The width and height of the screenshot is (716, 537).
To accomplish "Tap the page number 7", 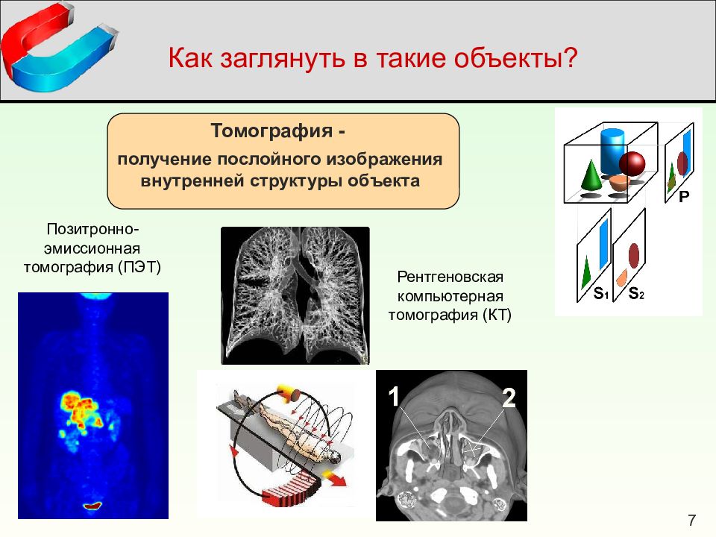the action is point(691,520).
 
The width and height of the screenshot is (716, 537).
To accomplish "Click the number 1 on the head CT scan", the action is point(394,396).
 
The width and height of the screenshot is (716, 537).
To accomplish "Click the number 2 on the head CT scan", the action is point(509,398).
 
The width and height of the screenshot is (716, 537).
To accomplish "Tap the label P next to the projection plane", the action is point(684,196).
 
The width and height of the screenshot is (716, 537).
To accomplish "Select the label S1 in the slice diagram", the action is point(600,292).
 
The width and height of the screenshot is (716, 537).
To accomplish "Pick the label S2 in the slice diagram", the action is point(636,292).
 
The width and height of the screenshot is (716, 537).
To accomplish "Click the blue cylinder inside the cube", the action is point(612,151).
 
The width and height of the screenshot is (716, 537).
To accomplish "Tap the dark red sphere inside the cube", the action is point(632,163).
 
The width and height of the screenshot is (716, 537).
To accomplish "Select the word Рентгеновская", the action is point(450,277).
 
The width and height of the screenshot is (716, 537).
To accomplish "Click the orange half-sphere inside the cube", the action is point(619,183).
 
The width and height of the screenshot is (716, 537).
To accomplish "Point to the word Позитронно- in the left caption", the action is point(92,229).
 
